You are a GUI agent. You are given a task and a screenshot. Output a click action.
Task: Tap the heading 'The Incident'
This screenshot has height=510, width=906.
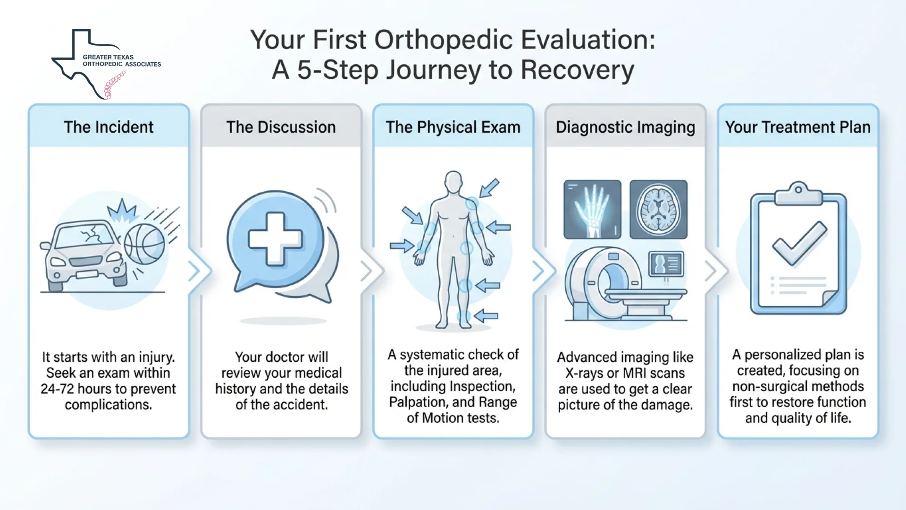109,127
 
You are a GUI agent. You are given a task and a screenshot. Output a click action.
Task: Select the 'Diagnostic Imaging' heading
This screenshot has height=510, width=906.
625,127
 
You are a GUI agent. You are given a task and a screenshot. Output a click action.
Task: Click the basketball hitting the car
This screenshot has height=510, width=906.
144,244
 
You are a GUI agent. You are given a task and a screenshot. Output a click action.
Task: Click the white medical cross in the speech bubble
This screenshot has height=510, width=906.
275,238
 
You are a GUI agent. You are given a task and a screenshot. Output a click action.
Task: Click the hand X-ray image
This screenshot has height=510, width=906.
592,209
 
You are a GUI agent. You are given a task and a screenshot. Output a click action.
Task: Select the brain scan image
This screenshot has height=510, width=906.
658,209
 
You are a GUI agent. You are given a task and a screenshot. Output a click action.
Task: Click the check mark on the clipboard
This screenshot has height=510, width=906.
799,243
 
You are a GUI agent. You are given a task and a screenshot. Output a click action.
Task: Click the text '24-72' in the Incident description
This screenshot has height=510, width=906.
57,389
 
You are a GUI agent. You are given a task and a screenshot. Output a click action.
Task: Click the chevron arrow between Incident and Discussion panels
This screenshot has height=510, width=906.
195,271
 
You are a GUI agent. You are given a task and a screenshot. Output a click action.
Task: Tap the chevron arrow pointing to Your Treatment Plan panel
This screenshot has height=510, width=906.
711,271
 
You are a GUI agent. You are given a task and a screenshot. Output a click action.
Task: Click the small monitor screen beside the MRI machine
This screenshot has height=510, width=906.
666,263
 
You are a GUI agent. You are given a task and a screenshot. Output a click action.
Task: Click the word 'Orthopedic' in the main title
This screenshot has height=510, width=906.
444,40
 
